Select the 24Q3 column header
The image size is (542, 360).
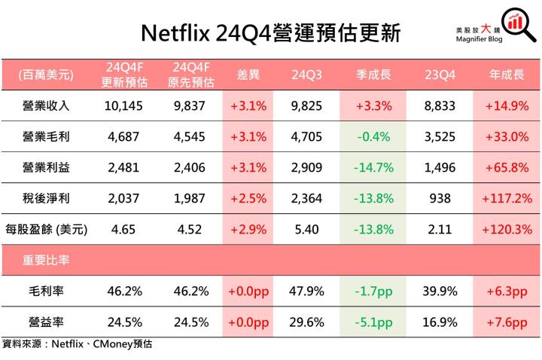tap(307, 75)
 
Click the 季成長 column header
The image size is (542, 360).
tap(373, 75)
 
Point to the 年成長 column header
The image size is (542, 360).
tap(507, 75)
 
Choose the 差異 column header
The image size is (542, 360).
tap(248, 75)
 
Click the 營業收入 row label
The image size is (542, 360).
tap(45, 106)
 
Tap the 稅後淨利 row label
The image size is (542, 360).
tap(45, 198)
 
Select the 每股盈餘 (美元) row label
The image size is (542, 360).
tap(47, 229)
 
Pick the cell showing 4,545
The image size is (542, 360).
tap(189, 137)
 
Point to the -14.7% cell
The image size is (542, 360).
tap(373, 168)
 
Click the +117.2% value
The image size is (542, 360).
tap(507, 198)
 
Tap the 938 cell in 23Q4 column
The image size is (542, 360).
tap(440, 198)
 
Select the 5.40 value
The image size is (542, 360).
tap(307, 229)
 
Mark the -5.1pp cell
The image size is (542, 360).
tap(373, 322)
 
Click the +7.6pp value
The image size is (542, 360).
tap(507, 322)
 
